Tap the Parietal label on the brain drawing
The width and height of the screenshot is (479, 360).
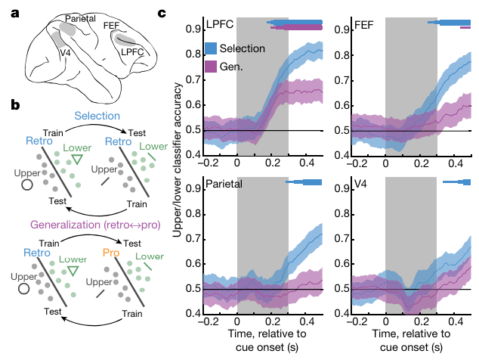pyautogui.click(x=80, y=17)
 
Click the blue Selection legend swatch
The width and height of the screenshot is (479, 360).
pyautogui.click(x=211, y=48)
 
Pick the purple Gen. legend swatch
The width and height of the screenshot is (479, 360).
pyautogui.click(x=211, y=67)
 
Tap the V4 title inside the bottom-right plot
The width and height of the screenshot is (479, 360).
pyautogui.click(x=361, y=182)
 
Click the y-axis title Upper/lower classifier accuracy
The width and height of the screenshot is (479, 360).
pyautogui.click(x=176, y=170)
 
